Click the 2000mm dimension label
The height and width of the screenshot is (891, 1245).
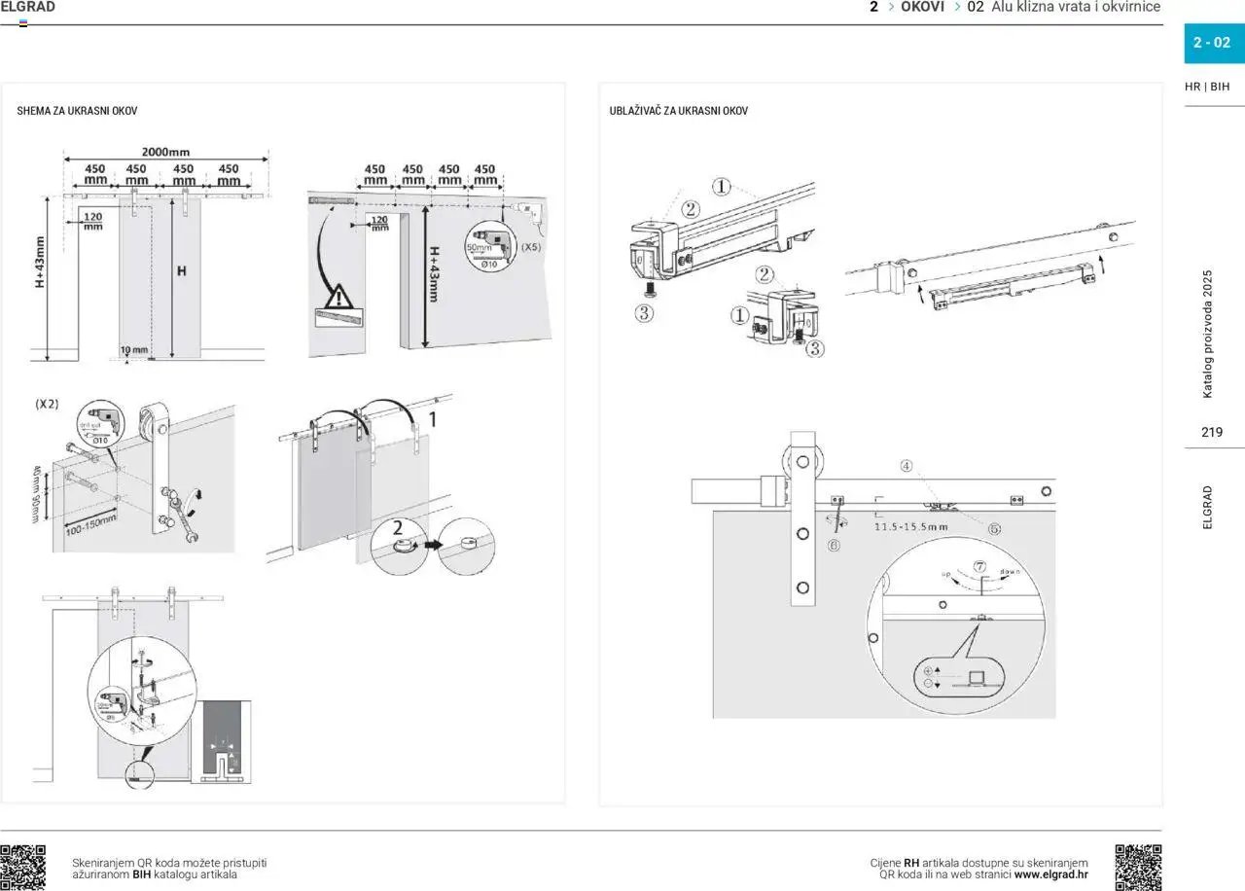[165, 152]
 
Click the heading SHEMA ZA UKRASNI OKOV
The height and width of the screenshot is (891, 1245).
[77, 111]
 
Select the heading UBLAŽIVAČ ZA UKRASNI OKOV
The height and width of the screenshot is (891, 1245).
[678, 111]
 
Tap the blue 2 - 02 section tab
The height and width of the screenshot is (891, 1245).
[1212, 43]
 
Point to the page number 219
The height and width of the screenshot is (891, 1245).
[1212, 432]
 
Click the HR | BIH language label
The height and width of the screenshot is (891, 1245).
[1207, 87]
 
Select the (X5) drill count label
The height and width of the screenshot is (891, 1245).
[531, 247]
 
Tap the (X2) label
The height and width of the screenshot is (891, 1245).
[47, 403]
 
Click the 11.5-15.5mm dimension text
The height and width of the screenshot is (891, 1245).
[910, 526]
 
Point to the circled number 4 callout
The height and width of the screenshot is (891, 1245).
[906, 466]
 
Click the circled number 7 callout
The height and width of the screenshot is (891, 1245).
[979, 566]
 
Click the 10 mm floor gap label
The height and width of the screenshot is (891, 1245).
[134, 350]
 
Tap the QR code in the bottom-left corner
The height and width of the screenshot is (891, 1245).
[23, 867]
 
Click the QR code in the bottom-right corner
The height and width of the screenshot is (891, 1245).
[1138, 867]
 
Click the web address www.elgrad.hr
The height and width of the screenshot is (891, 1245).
[1050, 873]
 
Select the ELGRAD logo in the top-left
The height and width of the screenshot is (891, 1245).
[28, 8]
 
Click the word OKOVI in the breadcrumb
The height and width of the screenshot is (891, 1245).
[922, 7]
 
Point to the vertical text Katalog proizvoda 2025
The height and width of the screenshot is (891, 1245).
[1208, 334]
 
